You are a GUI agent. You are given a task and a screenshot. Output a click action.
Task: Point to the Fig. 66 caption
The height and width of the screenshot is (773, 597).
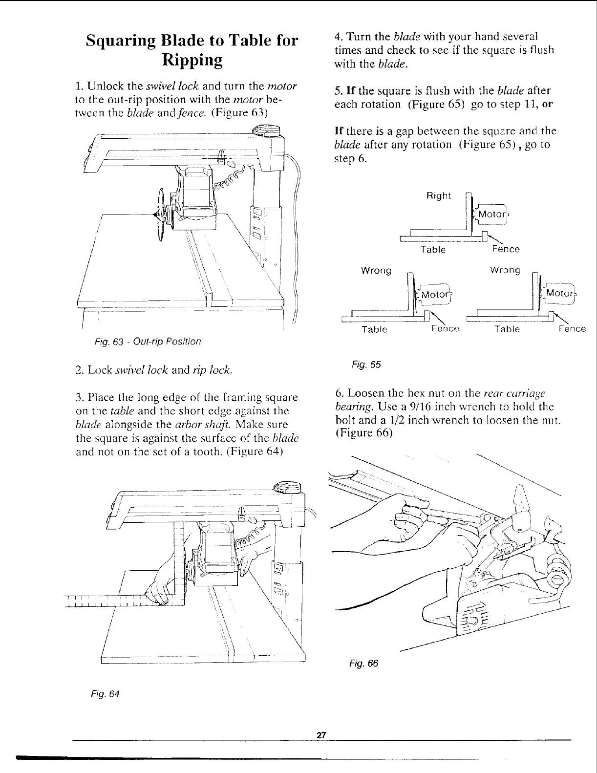[x=363, y=663]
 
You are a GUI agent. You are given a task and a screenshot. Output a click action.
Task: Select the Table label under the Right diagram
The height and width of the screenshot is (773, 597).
[x=433, y=250]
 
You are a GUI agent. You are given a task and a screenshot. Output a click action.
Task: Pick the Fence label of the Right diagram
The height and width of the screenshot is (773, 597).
[x=506, y=249]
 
